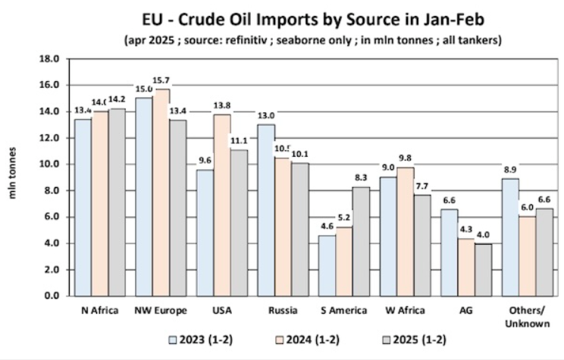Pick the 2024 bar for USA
pos(221,205)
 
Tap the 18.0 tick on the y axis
pos(49,58)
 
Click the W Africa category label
pos(407,310)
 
